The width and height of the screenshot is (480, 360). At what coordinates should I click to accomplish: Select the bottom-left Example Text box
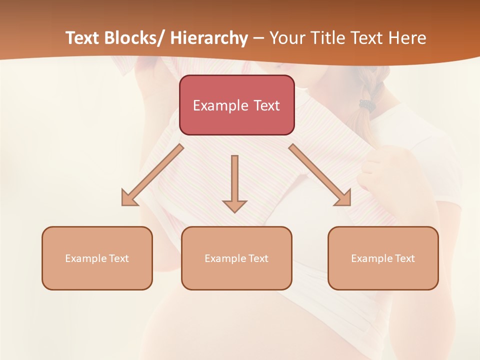point(97,258)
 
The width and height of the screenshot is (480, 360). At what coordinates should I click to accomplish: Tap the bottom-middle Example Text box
point(236,258)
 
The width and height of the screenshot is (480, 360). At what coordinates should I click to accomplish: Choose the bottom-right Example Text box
point(383,258)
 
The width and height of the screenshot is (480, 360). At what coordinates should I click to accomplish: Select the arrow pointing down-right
point(320,175)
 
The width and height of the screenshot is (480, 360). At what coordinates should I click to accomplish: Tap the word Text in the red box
point(265,105)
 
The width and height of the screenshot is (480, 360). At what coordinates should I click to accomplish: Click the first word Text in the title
point(82,38)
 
